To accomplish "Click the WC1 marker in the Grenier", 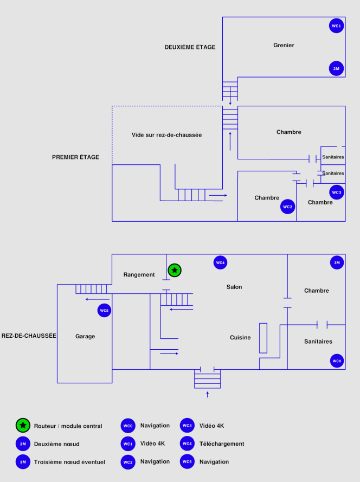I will pyautogui.click(x=336, y=26).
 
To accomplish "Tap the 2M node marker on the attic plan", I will pyautogui.click(x=336, y=68).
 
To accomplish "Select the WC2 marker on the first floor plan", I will pyautogui.click(x=287, y=207).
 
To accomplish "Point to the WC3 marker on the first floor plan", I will pyautogui.click(x=337, y=192).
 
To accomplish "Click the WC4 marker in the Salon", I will pyautogui.click(x=220, y=262).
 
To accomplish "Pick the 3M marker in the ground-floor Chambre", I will pyautogui.click(x=337, y=262).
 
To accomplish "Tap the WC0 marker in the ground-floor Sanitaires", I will pyautogui.click(x=337, y=361).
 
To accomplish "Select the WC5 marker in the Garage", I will pyautogui.click(x=104, y=311).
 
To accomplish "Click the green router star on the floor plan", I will pyautogui.click(x=174, y=269).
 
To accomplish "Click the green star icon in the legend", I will pyautogui.click(x=23, y=426).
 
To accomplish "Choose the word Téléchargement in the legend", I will pyautogui.click(x=222, y=444).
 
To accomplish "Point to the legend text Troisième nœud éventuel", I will pyautogui.click(x=69, y=462).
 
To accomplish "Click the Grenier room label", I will pyautogui.click(x=284, y=46).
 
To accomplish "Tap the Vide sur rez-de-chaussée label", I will pyautogui.click(x=166, y=135).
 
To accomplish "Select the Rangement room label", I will pyautogui.click(x=139, y=275).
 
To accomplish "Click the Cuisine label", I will pyautogui.click(x=240, y=337).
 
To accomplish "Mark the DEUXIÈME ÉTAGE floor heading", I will pyautogui.click(x=190, y=47).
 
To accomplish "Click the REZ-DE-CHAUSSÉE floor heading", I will pyautogui.click(x=29, y=336).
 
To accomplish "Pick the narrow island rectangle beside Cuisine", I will pyautogui.click(x=263, y=338).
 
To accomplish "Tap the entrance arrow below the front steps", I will pyautogui.click(x=207, y=394).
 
